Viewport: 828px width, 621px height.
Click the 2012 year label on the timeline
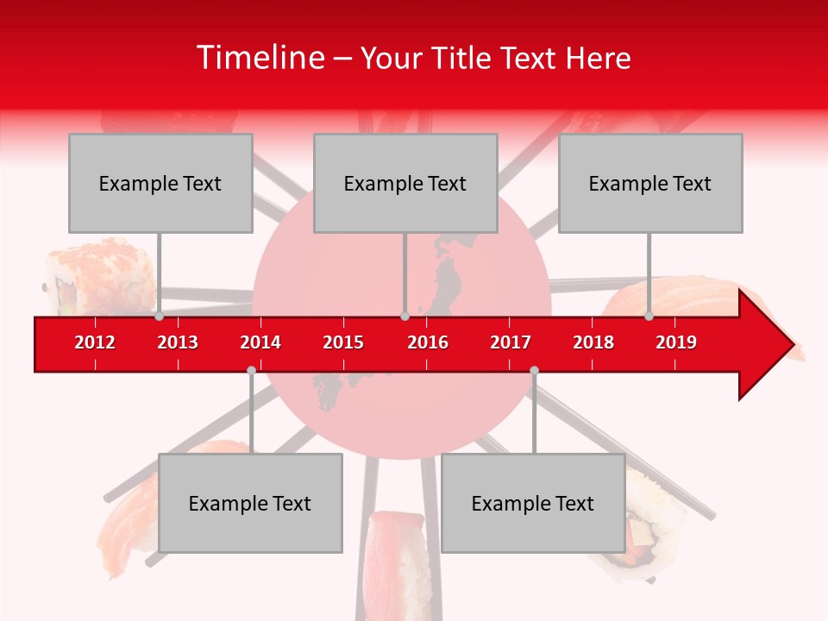tap(95, 342)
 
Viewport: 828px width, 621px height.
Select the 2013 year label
tap(178, 342)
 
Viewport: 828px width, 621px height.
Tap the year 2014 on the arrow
tap(260, 342)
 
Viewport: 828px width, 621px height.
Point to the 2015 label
tap(343, 342)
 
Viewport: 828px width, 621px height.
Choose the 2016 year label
tap(428, 342)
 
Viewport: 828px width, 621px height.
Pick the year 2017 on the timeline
tap(511, 342)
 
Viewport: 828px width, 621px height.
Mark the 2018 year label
tap(593, 342)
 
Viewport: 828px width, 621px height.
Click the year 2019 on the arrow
tap(676, 342)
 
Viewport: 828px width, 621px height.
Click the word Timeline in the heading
tap(259, 58)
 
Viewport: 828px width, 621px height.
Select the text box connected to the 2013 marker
tap(160, 183)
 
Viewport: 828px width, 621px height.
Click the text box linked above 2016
tap(405, 183)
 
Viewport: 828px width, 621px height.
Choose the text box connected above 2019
tap(650, 183)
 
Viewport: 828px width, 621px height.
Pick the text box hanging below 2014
tap(250, 503)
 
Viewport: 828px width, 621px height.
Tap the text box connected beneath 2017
tap(533, 503)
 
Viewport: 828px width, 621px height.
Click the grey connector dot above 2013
tap(160, 317)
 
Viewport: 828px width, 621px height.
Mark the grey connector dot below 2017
tap(534, 371)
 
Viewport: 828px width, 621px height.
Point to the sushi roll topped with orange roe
tap(99, 276)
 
